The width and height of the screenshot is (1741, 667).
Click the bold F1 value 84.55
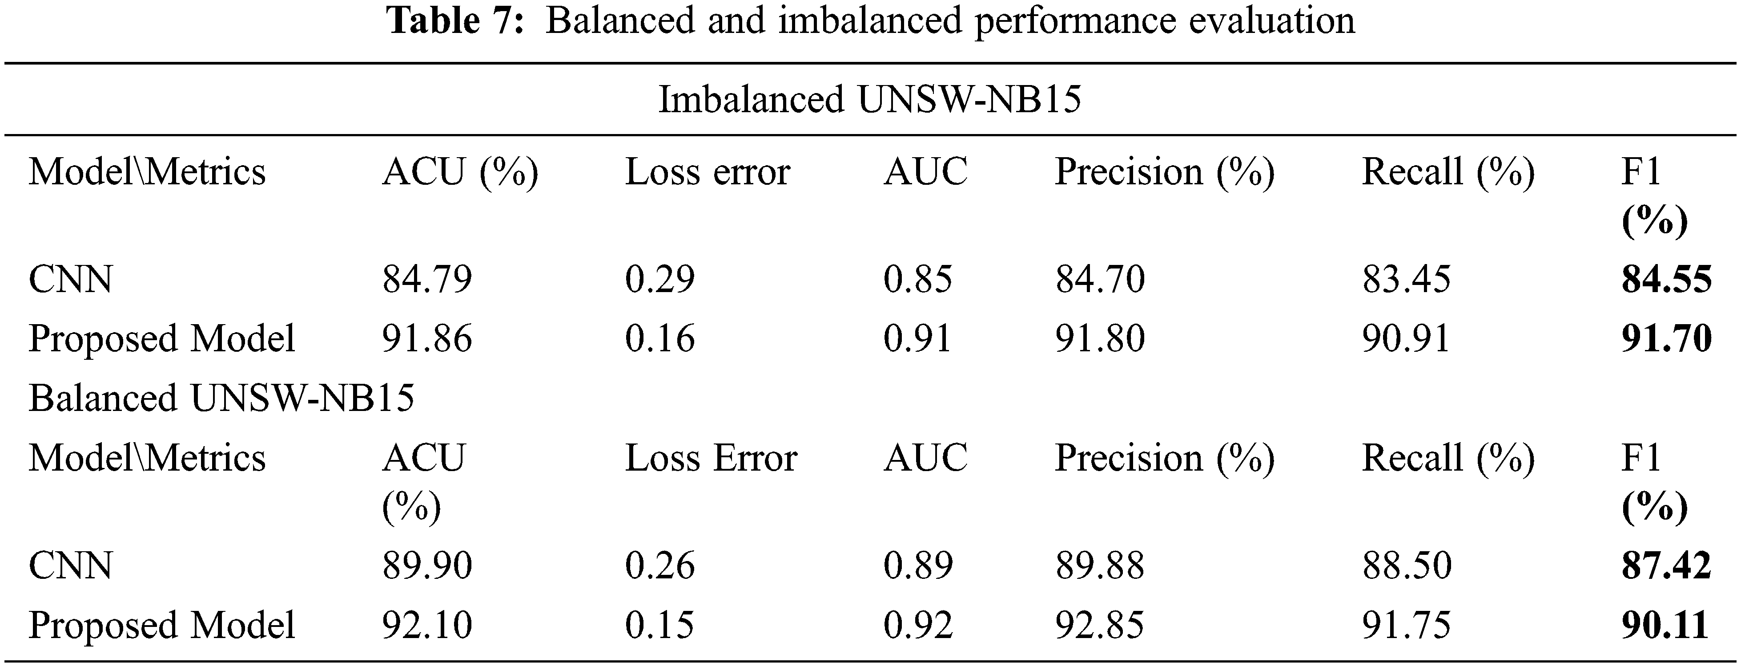pyautogui.click(x=1666, y=279)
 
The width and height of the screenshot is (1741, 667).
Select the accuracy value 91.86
pyautogui.click(x=427, y=338)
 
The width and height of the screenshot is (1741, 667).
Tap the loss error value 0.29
pyautogui.click(x=659, y=279)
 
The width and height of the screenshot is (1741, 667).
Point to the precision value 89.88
pyautogui.click(x=1100, y=565)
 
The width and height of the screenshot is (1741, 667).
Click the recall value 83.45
pyautogui.click(x=1406, y=279)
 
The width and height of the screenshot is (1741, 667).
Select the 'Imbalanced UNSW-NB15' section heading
pyautogui.click(x=870, y=99)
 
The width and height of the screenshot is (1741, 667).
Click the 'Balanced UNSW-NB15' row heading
pyautogui.click(x=221, y=398)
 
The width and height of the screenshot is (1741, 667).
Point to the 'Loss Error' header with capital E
pyautogui.click(x=711, y=458)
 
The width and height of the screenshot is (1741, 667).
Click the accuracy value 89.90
pyautogui.click(x=427, y=565)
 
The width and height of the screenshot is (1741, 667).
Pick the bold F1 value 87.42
pyautogui.click(x=1666, y=565)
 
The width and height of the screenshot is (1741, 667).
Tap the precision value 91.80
pyautogui.click(x=1100, y=338)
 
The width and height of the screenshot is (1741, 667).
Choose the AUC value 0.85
pyautogui.click(x=918, y=279)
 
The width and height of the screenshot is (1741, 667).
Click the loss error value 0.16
pyautogui.click(x=659, y=338)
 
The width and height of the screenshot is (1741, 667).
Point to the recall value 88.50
pyautogui.click(x=1406, y=565)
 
